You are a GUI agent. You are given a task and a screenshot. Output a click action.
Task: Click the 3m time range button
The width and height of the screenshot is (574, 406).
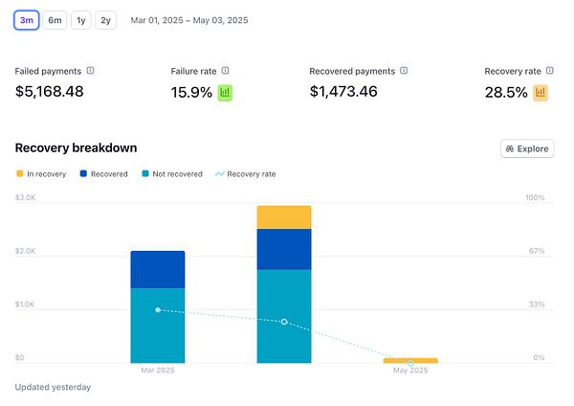click(x=26, y=19)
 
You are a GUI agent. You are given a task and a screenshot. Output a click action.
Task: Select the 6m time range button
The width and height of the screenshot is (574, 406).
click(x=55, y=19)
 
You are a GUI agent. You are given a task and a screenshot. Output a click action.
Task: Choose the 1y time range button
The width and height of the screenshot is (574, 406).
click(x=81, y=19)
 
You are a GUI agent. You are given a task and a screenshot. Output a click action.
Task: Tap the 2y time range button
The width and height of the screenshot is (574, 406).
click(x=105, y=19)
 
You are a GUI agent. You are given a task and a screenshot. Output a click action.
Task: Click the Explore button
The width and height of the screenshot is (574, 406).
click(x=527, y=148)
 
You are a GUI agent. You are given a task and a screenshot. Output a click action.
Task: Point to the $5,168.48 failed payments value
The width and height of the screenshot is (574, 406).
click(x=50, y=92)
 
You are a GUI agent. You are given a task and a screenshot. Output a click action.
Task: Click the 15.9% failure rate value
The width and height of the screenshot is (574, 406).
click(x=191, y=93)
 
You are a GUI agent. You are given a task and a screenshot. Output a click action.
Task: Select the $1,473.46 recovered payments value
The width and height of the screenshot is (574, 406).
click(x=343, y=92)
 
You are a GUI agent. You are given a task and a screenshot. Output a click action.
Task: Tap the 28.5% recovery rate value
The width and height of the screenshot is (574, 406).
click(x=506, y=93)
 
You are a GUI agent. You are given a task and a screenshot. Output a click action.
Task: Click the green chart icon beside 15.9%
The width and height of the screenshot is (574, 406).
click(x=226, y=93)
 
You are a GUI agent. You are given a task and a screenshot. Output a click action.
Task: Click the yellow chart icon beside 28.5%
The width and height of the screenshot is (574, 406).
click(x=541, y=93)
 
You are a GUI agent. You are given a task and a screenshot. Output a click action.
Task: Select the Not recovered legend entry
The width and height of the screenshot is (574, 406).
click(x=172, y=174)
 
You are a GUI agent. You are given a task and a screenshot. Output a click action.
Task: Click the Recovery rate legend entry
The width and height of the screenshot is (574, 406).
click(x=246, y=174)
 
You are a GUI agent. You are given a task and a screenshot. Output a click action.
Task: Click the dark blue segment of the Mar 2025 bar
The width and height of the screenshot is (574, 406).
click(x=158, y=269)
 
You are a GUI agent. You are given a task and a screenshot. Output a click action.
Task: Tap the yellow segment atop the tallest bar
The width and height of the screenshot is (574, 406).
click(x=284, y=217)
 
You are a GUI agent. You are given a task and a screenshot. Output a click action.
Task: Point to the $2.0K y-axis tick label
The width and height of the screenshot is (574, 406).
click(x=25, y=251)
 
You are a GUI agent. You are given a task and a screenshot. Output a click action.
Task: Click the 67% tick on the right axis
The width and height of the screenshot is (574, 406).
click(x=536, y=251)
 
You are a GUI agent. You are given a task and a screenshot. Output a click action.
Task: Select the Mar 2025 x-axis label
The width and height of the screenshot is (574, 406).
click(x=157, y=370)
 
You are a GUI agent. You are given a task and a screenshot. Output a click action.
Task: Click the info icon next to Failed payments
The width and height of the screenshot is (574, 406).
click(x=91, y=71)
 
